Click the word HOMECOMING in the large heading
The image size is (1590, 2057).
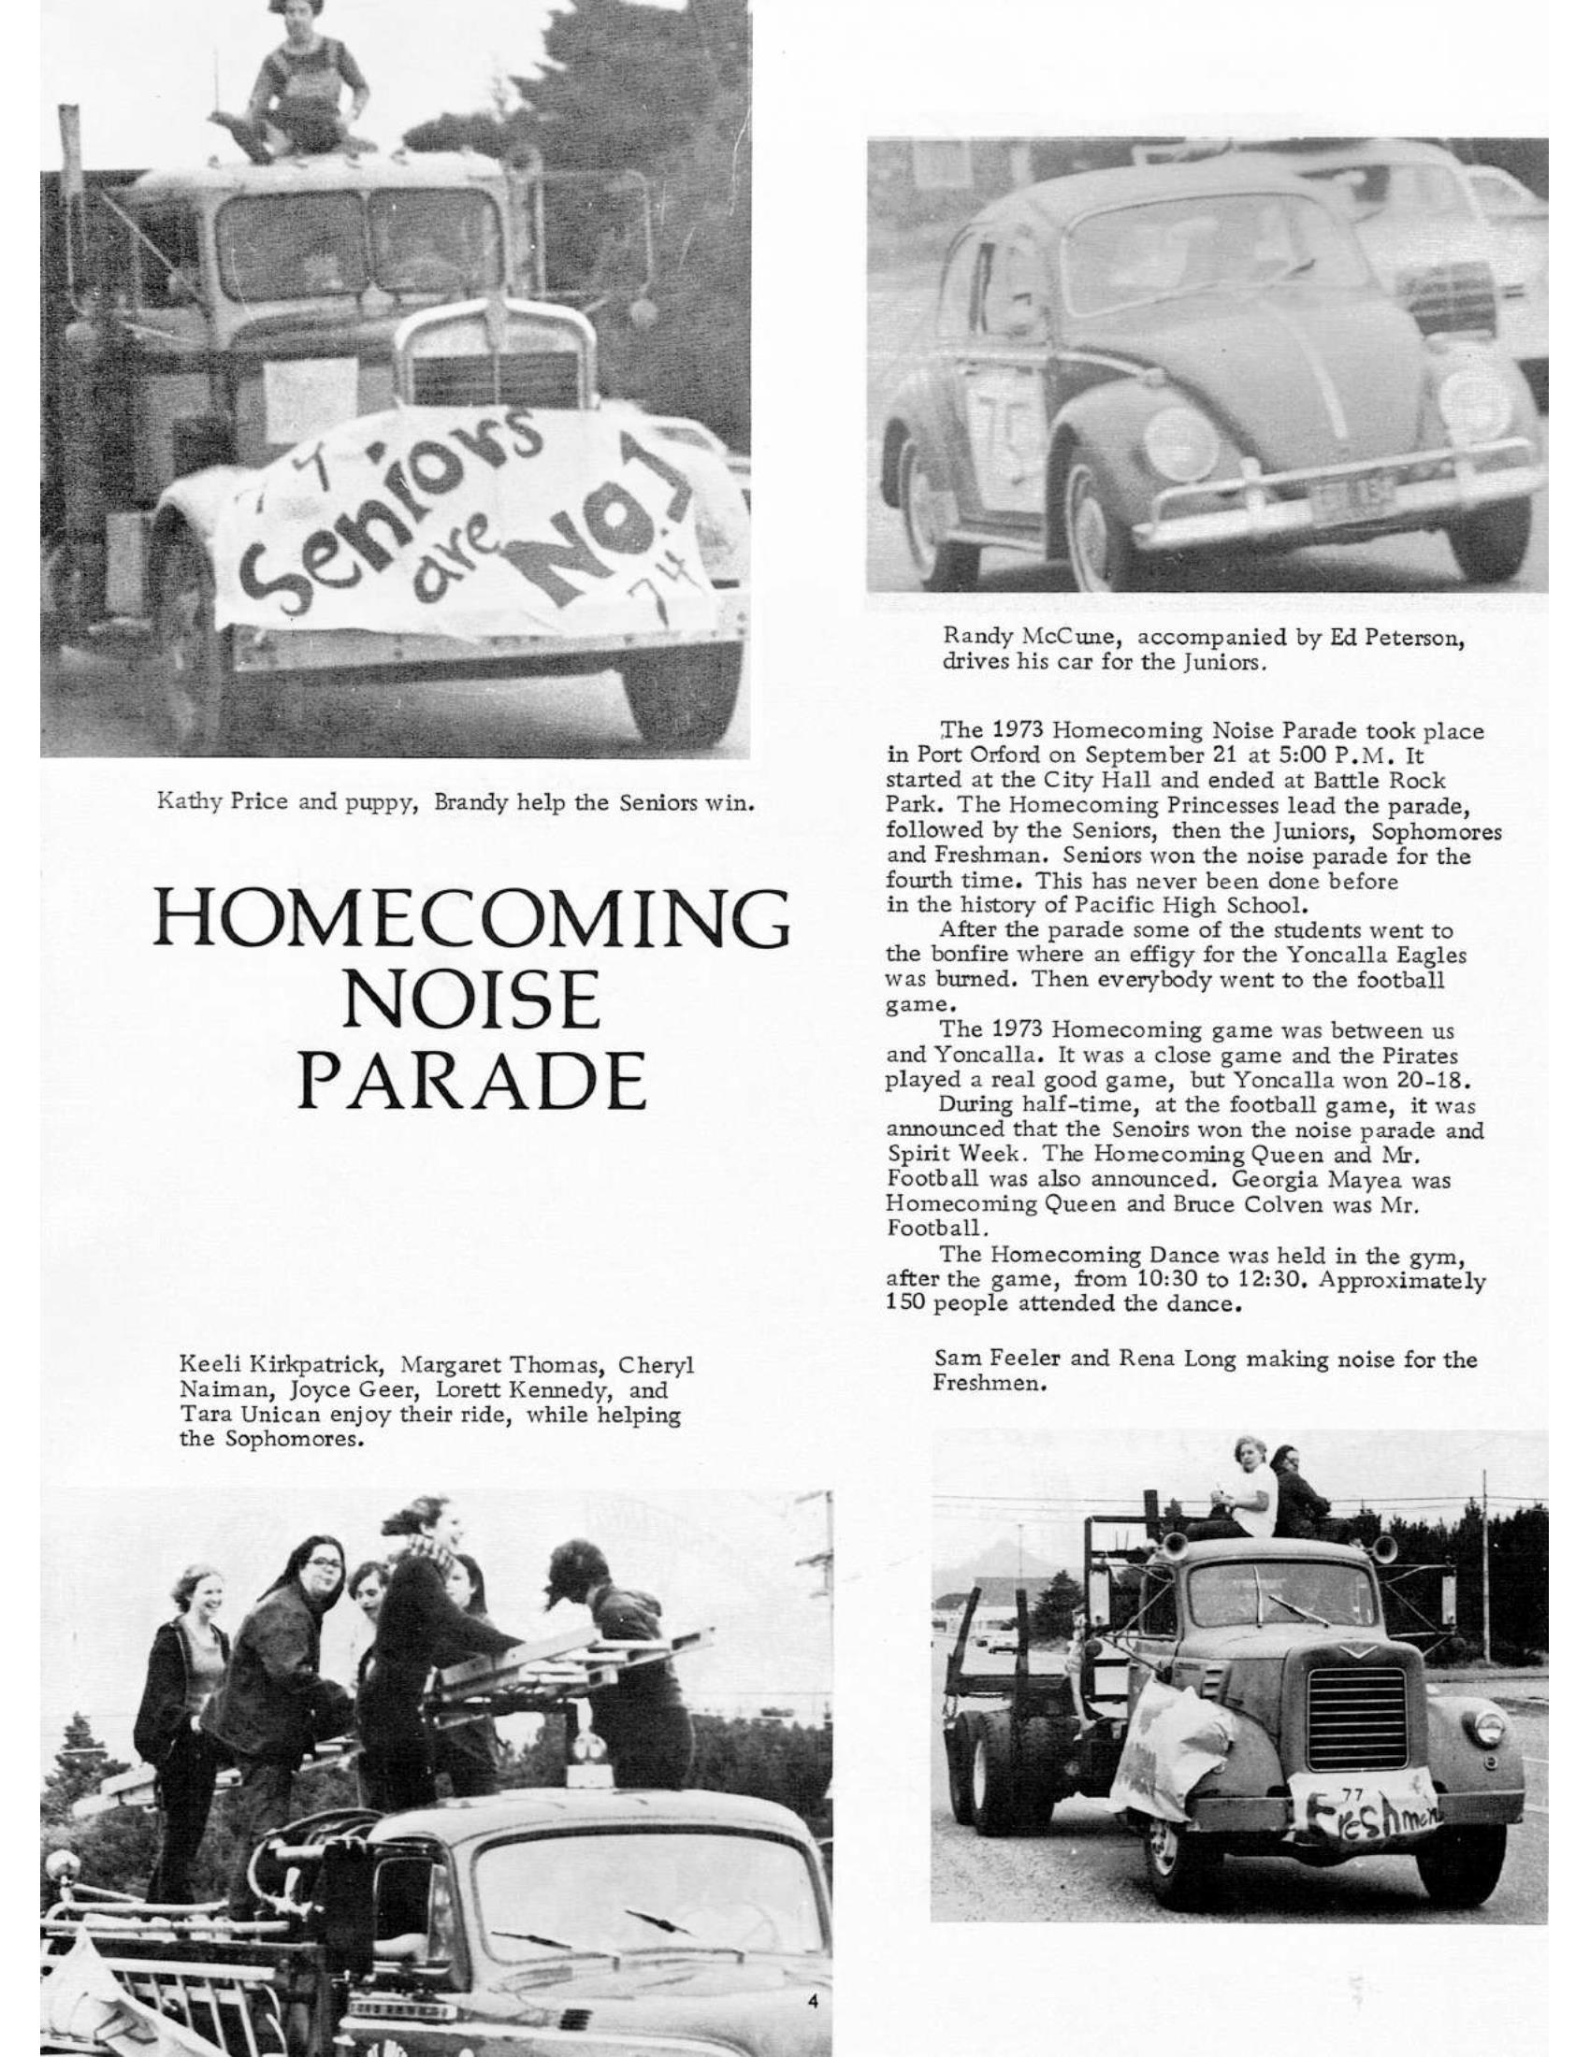[471, 919]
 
